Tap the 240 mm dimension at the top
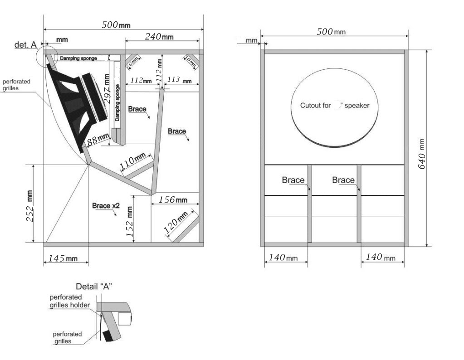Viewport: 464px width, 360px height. tap(159, 37)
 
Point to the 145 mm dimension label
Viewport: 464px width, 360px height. tap(60, 259)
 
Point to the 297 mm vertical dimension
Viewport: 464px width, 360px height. tap(107, 89)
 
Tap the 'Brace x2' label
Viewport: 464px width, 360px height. tap(106, 205)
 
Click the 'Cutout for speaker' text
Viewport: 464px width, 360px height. tap(335, 106)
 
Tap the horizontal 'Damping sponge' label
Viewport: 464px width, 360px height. tap(78, 58)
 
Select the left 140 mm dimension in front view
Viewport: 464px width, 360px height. tap(283, 258)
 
